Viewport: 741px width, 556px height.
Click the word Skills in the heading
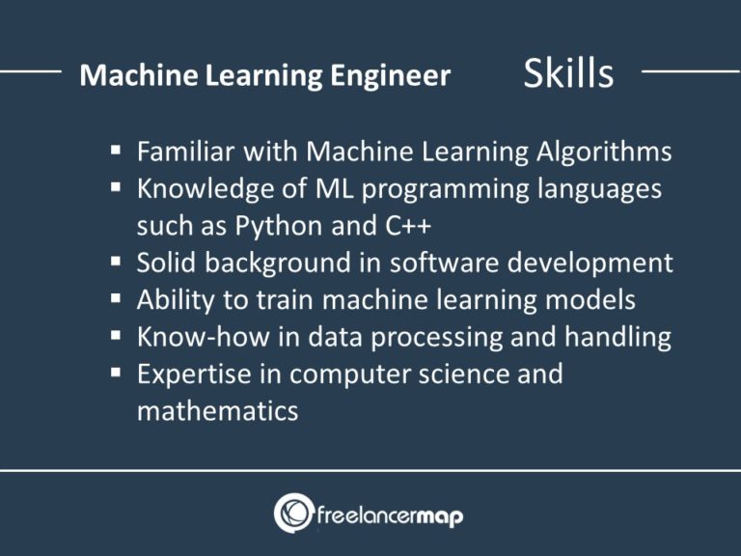[x=568, y=73]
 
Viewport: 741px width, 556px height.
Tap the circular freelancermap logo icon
[x=293, y=513]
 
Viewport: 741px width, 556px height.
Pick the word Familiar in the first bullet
[x=190, y=152]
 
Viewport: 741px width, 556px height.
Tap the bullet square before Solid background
[x=115, y=262]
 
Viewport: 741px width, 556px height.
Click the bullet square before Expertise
[x=115, y=374]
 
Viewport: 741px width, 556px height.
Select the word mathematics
[x=217, y=411]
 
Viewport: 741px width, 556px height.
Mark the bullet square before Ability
[x=115, y=299]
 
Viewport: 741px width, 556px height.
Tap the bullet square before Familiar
[x=115, y=151]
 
